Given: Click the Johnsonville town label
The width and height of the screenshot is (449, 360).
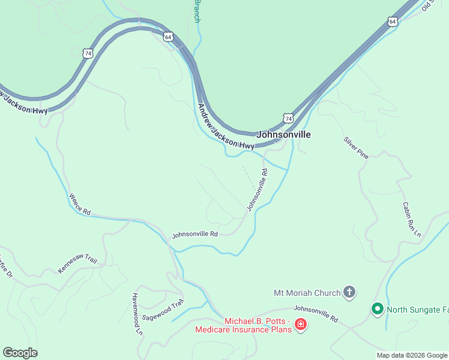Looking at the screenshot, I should point(283,134).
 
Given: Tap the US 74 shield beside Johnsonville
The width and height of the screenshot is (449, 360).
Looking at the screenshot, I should point(289,119).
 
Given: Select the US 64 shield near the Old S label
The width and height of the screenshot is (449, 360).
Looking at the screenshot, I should point(393,21).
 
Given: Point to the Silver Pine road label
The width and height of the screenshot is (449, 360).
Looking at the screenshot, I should point(355,148).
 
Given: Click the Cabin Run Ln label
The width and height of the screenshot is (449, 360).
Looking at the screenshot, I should point(411,218).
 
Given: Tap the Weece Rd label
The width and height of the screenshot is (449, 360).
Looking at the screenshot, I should point(79,204).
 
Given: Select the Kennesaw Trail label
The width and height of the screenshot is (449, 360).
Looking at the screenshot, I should point(77,263).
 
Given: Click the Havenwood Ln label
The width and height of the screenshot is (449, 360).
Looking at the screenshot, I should point(137,314).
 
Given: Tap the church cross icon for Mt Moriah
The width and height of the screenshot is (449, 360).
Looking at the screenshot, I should point(349,293).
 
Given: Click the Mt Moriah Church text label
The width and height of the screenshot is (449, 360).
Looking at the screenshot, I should point(306,293).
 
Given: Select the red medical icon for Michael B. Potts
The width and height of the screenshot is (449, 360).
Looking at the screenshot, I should point(300,325).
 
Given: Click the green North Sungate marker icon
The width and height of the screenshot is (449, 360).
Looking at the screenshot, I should point(378,309).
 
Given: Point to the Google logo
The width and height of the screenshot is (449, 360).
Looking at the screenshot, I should point(20,353).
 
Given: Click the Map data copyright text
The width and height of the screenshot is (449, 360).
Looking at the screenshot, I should point(412,355).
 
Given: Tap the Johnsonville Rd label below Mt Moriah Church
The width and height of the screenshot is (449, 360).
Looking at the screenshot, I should point(316,314).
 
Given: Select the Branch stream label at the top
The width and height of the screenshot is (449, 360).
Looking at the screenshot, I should point(196,11).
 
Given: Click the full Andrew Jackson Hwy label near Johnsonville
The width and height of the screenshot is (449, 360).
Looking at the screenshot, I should point(226,127).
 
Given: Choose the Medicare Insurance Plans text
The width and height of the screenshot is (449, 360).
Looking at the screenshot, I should point(243,329).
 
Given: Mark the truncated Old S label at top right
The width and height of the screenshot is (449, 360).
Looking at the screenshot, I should point(427,5).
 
